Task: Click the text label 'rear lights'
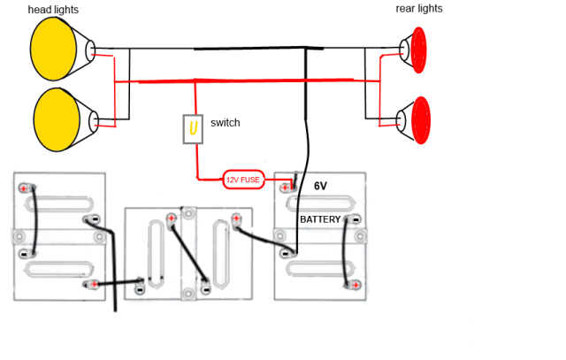point(418,9)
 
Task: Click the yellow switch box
point(191,130)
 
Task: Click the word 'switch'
point(226,122)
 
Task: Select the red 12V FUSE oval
point(243,180)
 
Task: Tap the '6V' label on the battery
point(321,187)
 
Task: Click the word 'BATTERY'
point(320,218)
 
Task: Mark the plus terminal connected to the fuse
point(287,187)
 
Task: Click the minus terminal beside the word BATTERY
point(352,218)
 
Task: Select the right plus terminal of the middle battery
point(236,218)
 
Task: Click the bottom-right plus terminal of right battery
point(353,285)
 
